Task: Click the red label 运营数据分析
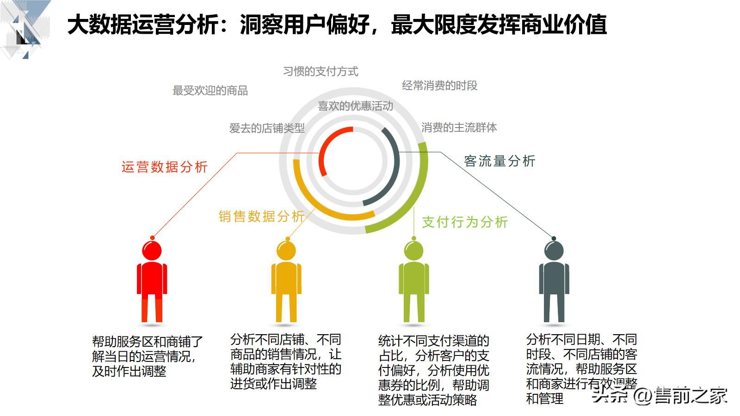(164, 167)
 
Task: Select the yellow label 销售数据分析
(261, 216)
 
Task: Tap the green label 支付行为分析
(465, 222)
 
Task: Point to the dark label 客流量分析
(499, 161)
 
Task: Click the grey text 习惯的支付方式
(321, 71)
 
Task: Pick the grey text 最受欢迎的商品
(210, 91)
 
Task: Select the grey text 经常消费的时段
(439, 86)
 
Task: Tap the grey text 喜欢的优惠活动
(355, 106)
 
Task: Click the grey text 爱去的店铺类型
(267, 128)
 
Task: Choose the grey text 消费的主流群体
(459, 128)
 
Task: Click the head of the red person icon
(152, 251)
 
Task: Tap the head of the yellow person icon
(286, 251)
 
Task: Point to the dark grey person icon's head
(554, 251)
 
